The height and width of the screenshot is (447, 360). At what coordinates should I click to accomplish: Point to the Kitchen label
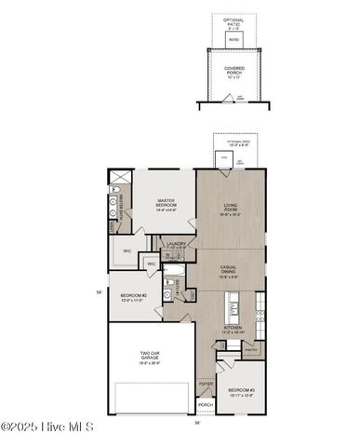(x=232, y=330)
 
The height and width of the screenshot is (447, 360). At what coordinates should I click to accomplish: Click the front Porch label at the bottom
(x=206, y=405)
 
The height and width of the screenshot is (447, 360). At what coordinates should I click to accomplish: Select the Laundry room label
(x=177, y=245)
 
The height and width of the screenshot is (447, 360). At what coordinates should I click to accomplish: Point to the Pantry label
(x=248, y=350)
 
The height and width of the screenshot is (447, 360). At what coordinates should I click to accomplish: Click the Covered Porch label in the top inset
(x=234, y=70)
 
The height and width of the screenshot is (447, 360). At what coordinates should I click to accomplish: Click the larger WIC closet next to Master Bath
(x=127, y=251)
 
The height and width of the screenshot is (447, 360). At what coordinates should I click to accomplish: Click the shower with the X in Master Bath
(x=116, y=176)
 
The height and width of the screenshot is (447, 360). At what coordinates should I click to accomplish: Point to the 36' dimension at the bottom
(x=196, y=423)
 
